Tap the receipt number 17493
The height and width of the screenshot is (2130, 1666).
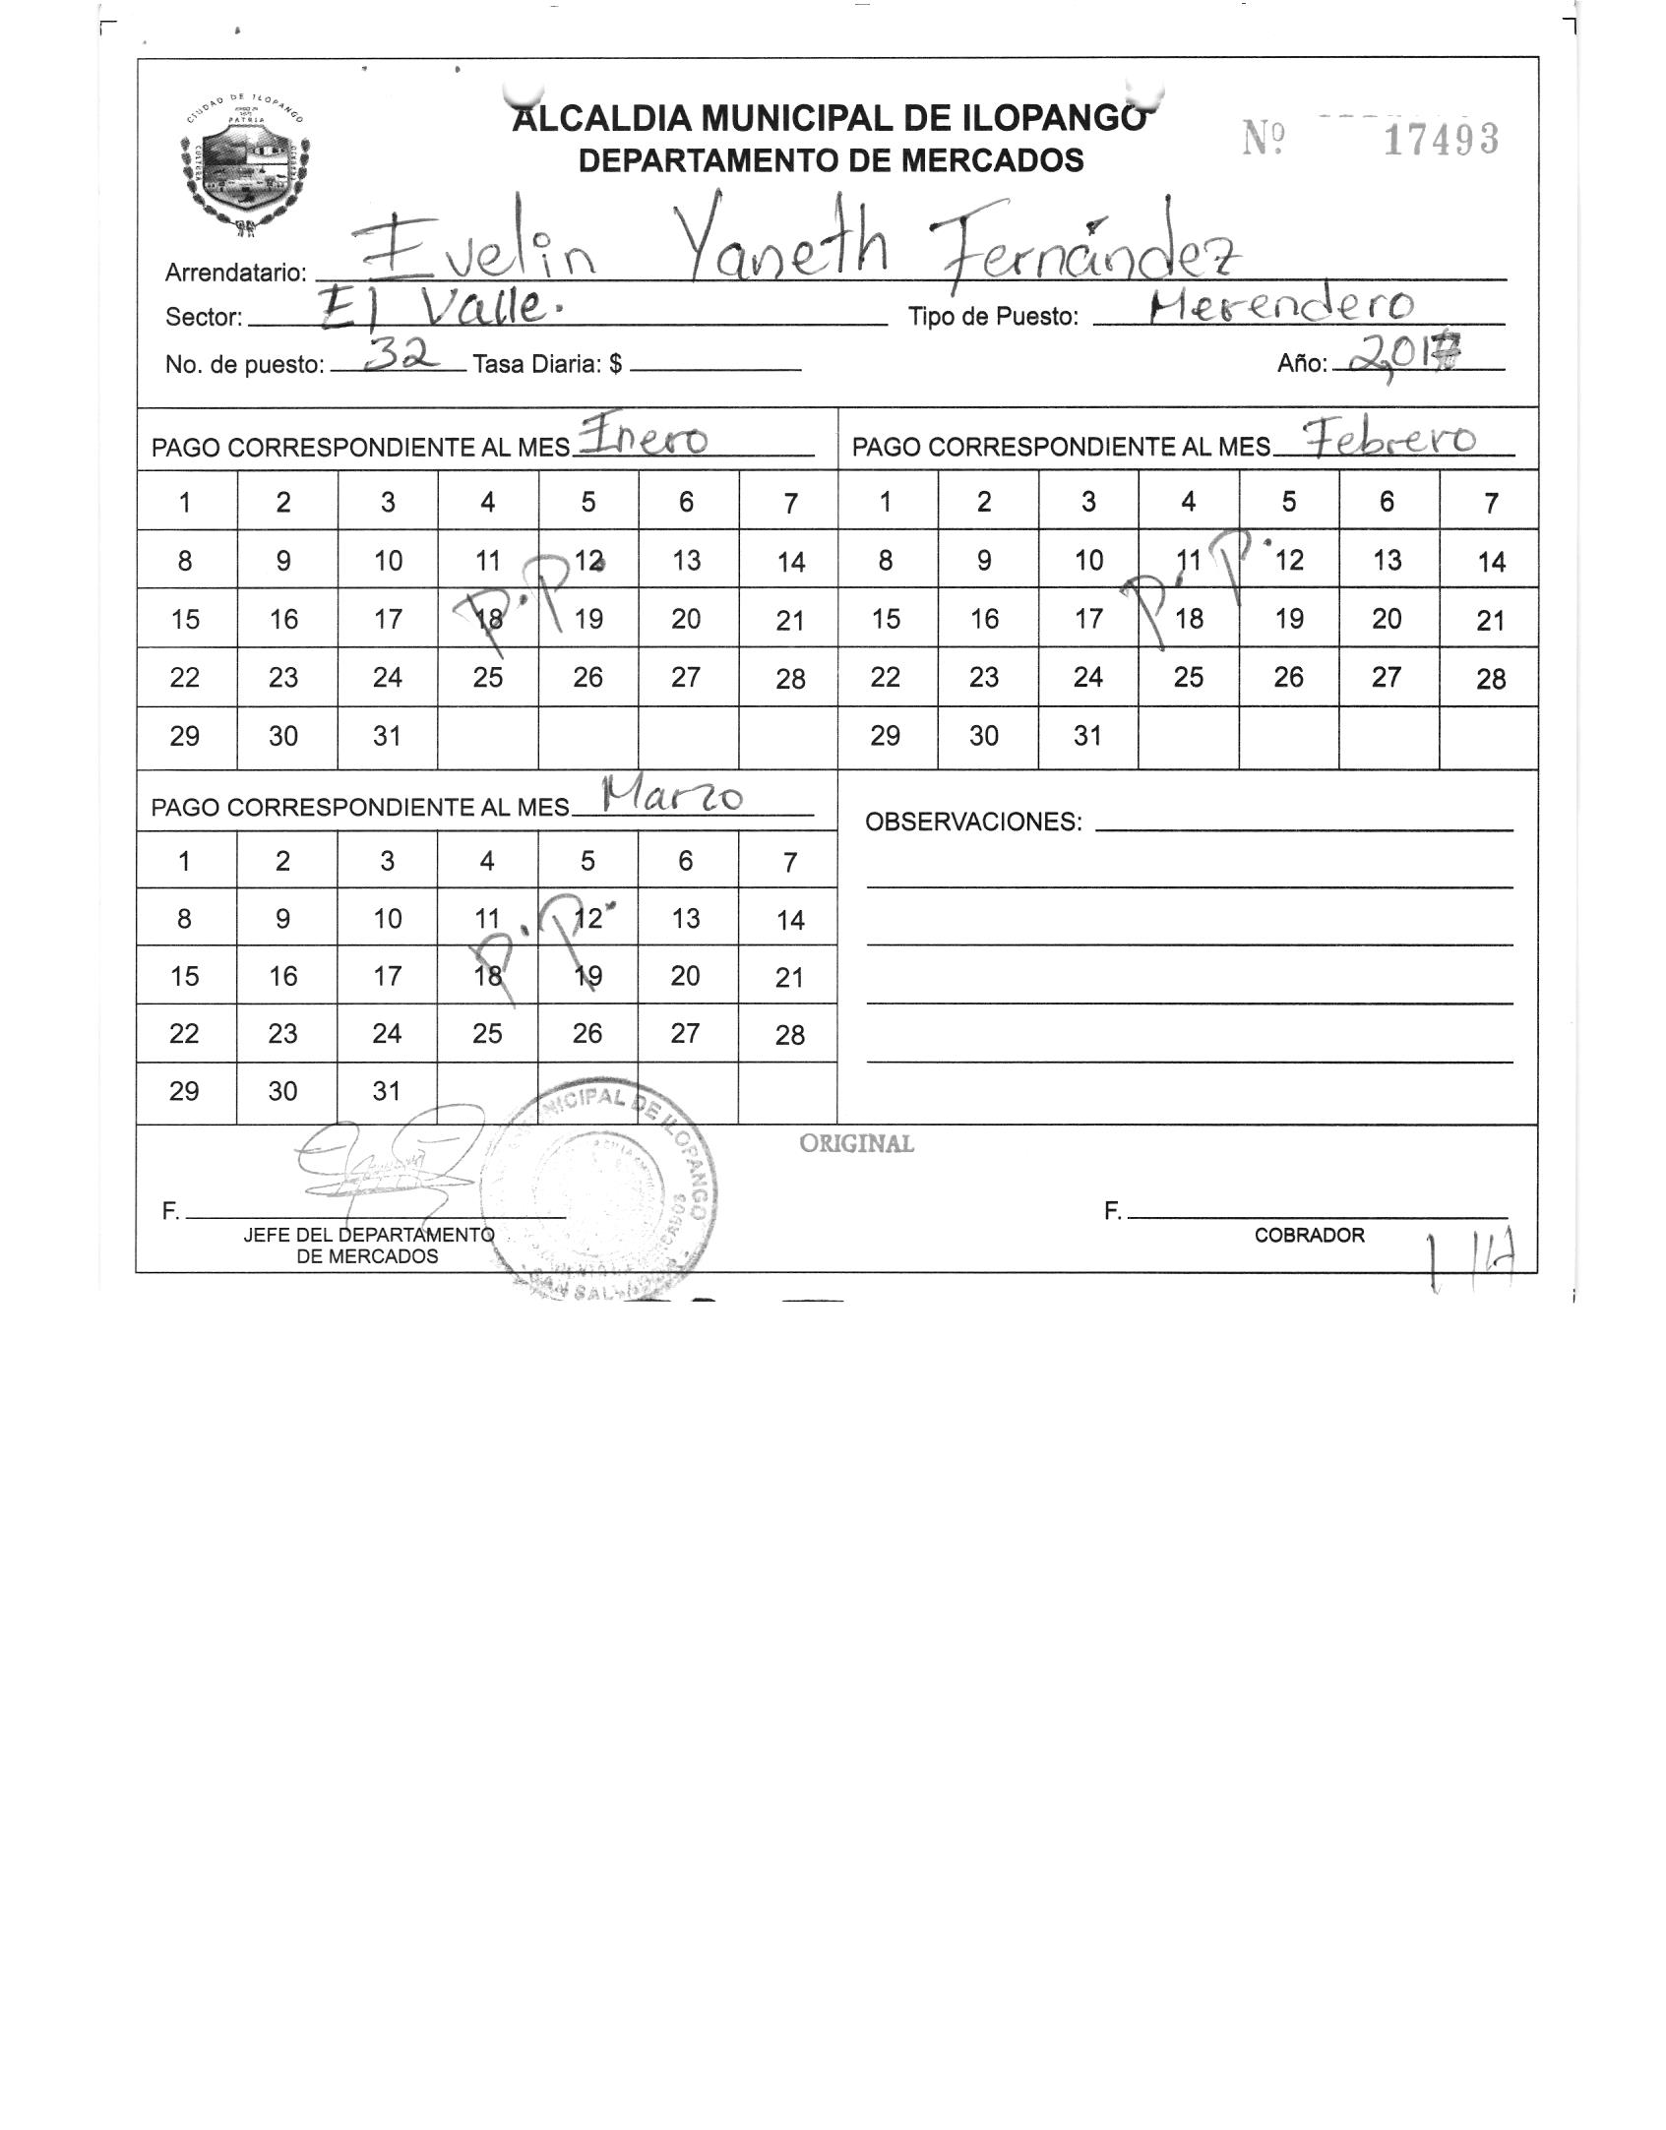pos(1441,141)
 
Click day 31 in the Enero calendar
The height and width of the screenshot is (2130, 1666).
pos(387,736)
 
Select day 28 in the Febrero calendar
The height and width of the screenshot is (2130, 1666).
pos(1491,679)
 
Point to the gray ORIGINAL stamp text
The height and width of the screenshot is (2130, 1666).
pos(856,1144)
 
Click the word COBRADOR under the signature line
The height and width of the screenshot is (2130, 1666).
pos(1309,1236)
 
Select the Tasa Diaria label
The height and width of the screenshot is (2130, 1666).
pos(547,365)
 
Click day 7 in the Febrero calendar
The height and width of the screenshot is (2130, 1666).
pos(1491,503)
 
